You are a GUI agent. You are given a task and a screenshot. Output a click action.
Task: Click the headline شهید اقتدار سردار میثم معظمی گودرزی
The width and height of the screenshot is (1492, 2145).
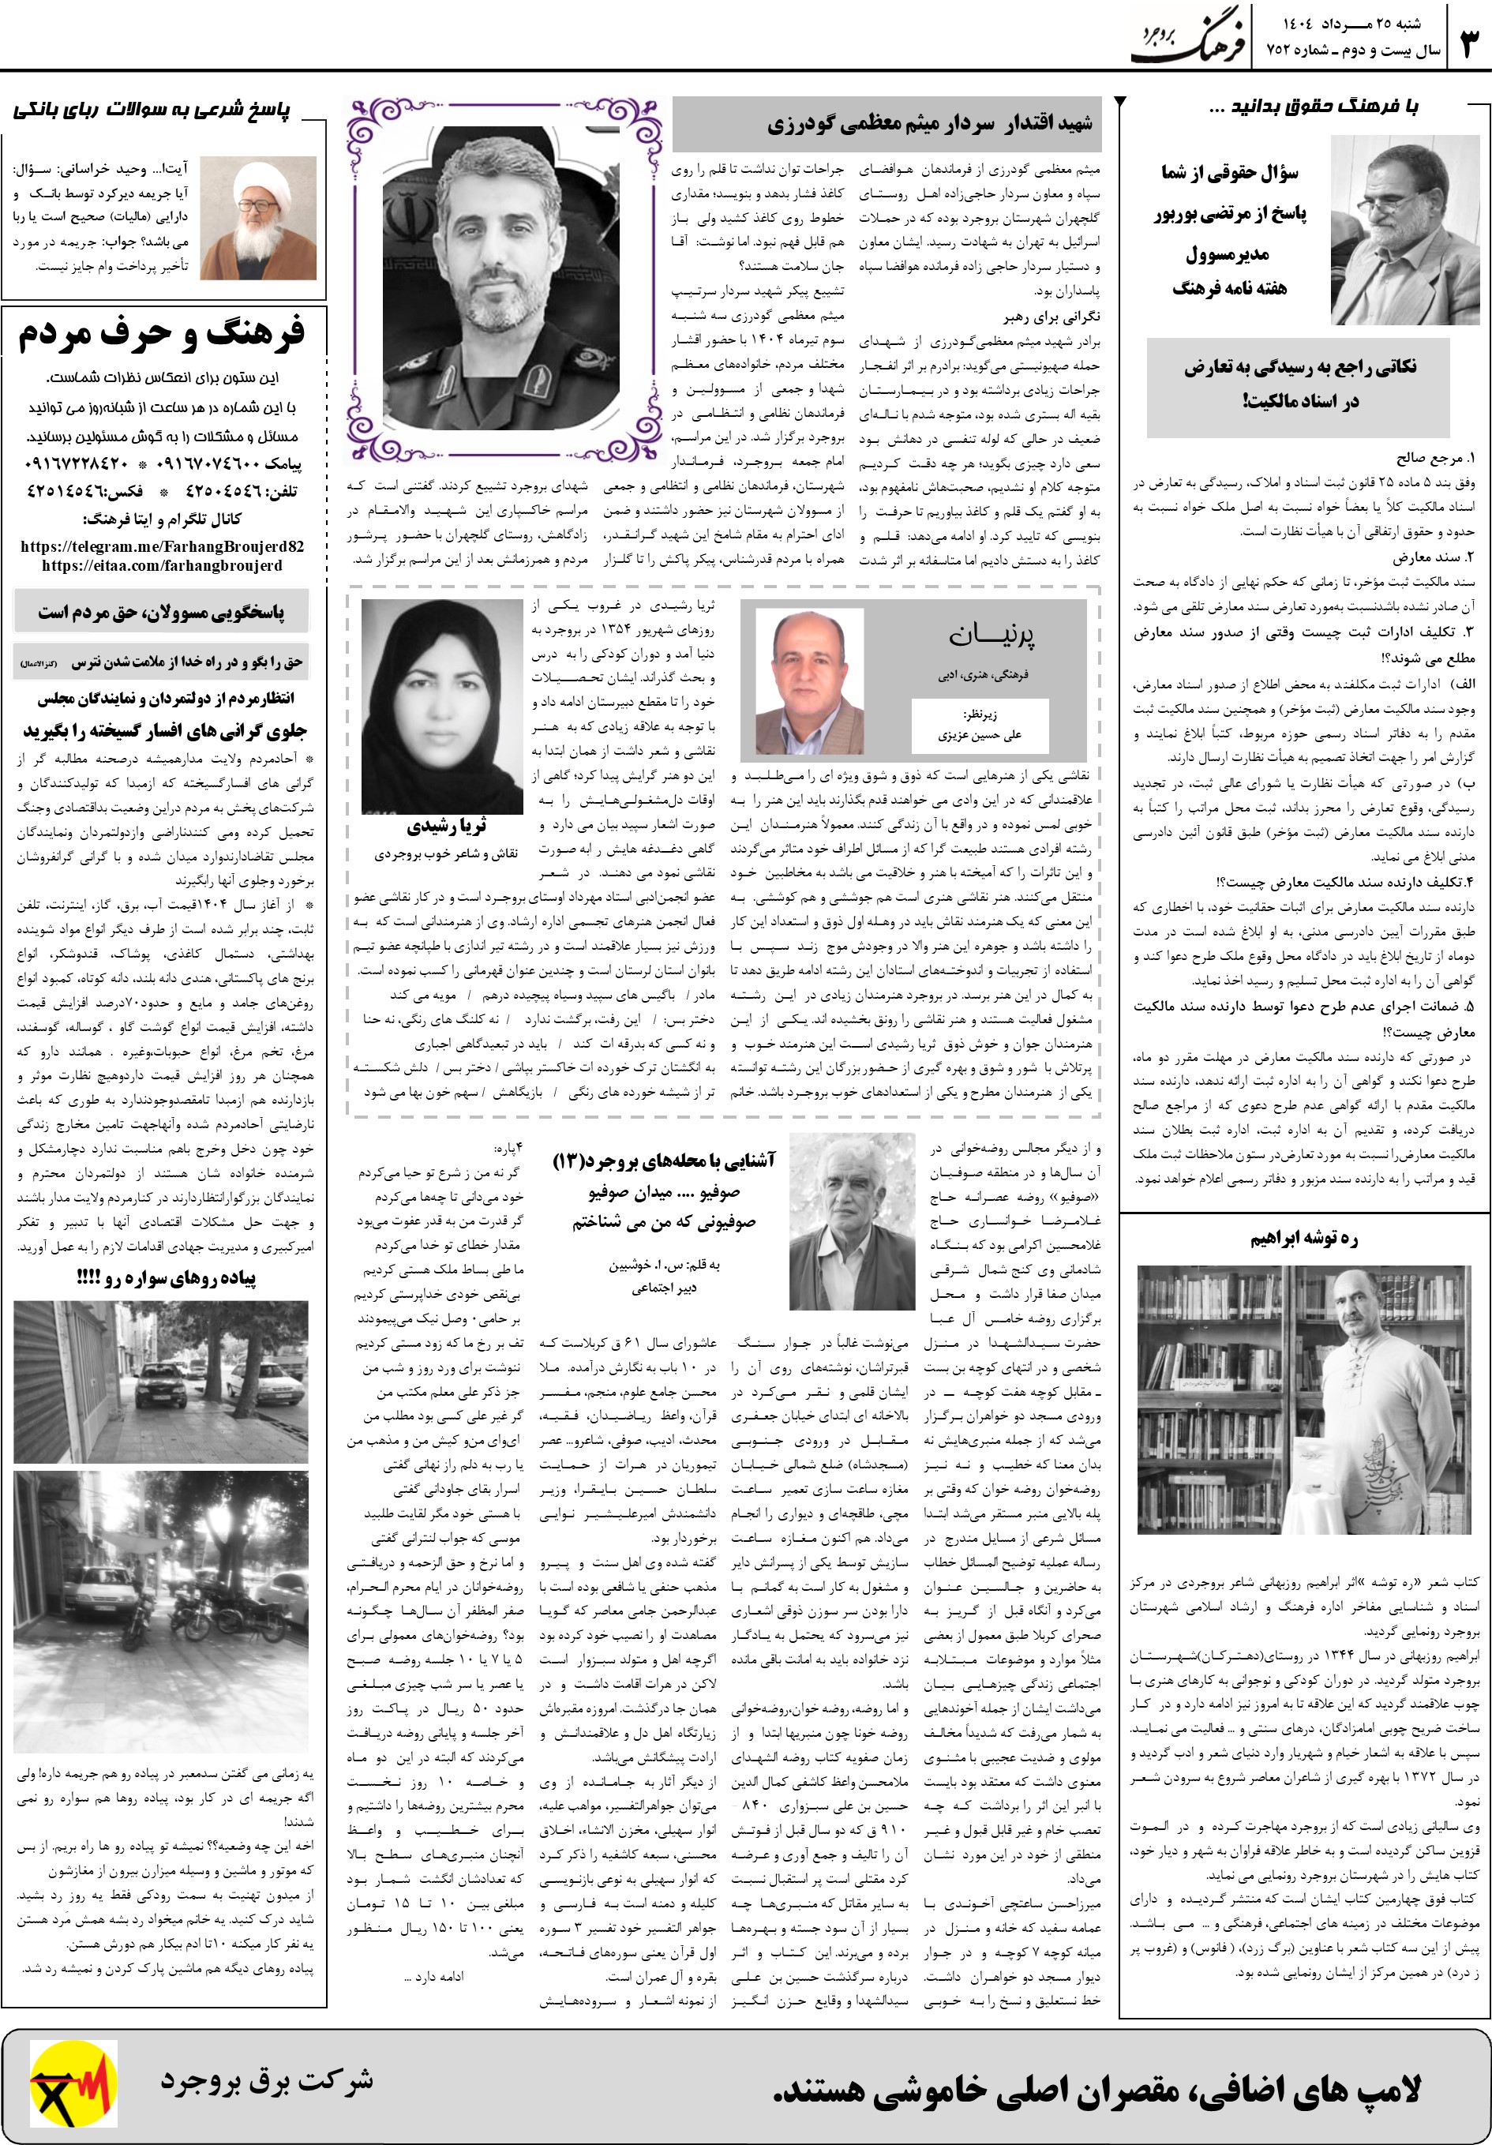click(x=930, y=124)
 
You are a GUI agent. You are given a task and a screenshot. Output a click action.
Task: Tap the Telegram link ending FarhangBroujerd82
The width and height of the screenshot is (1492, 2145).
click(x=162, y=546)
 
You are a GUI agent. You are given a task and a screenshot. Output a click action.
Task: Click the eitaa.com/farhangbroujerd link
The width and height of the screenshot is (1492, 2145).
click(x=162, y=565)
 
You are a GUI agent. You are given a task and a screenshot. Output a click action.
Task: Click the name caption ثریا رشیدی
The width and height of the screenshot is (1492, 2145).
click(x=446, y=826)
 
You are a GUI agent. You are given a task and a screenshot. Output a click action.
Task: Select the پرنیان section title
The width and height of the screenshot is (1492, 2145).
click(x=992, y=636)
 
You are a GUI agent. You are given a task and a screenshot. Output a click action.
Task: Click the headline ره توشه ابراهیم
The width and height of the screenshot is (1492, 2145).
click(x=1303, y=1239)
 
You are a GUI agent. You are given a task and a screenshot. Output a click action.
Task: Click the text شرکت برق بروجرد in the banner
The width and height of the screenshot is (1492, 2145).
click(x=266, y=2079)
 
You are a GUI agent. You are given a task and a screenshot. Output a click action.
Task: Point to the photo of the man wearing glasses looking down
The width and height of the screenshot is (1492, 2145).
click(x=1404, y=231)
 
